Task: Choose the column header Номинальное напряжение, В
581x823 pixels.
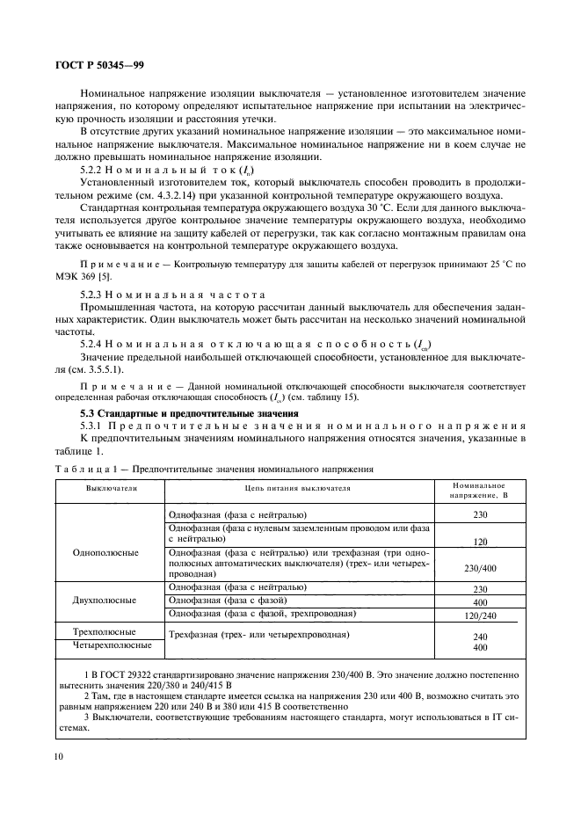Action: tap(479, 487)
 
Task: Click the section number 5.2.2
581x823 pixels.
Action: tap(94, 170)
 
